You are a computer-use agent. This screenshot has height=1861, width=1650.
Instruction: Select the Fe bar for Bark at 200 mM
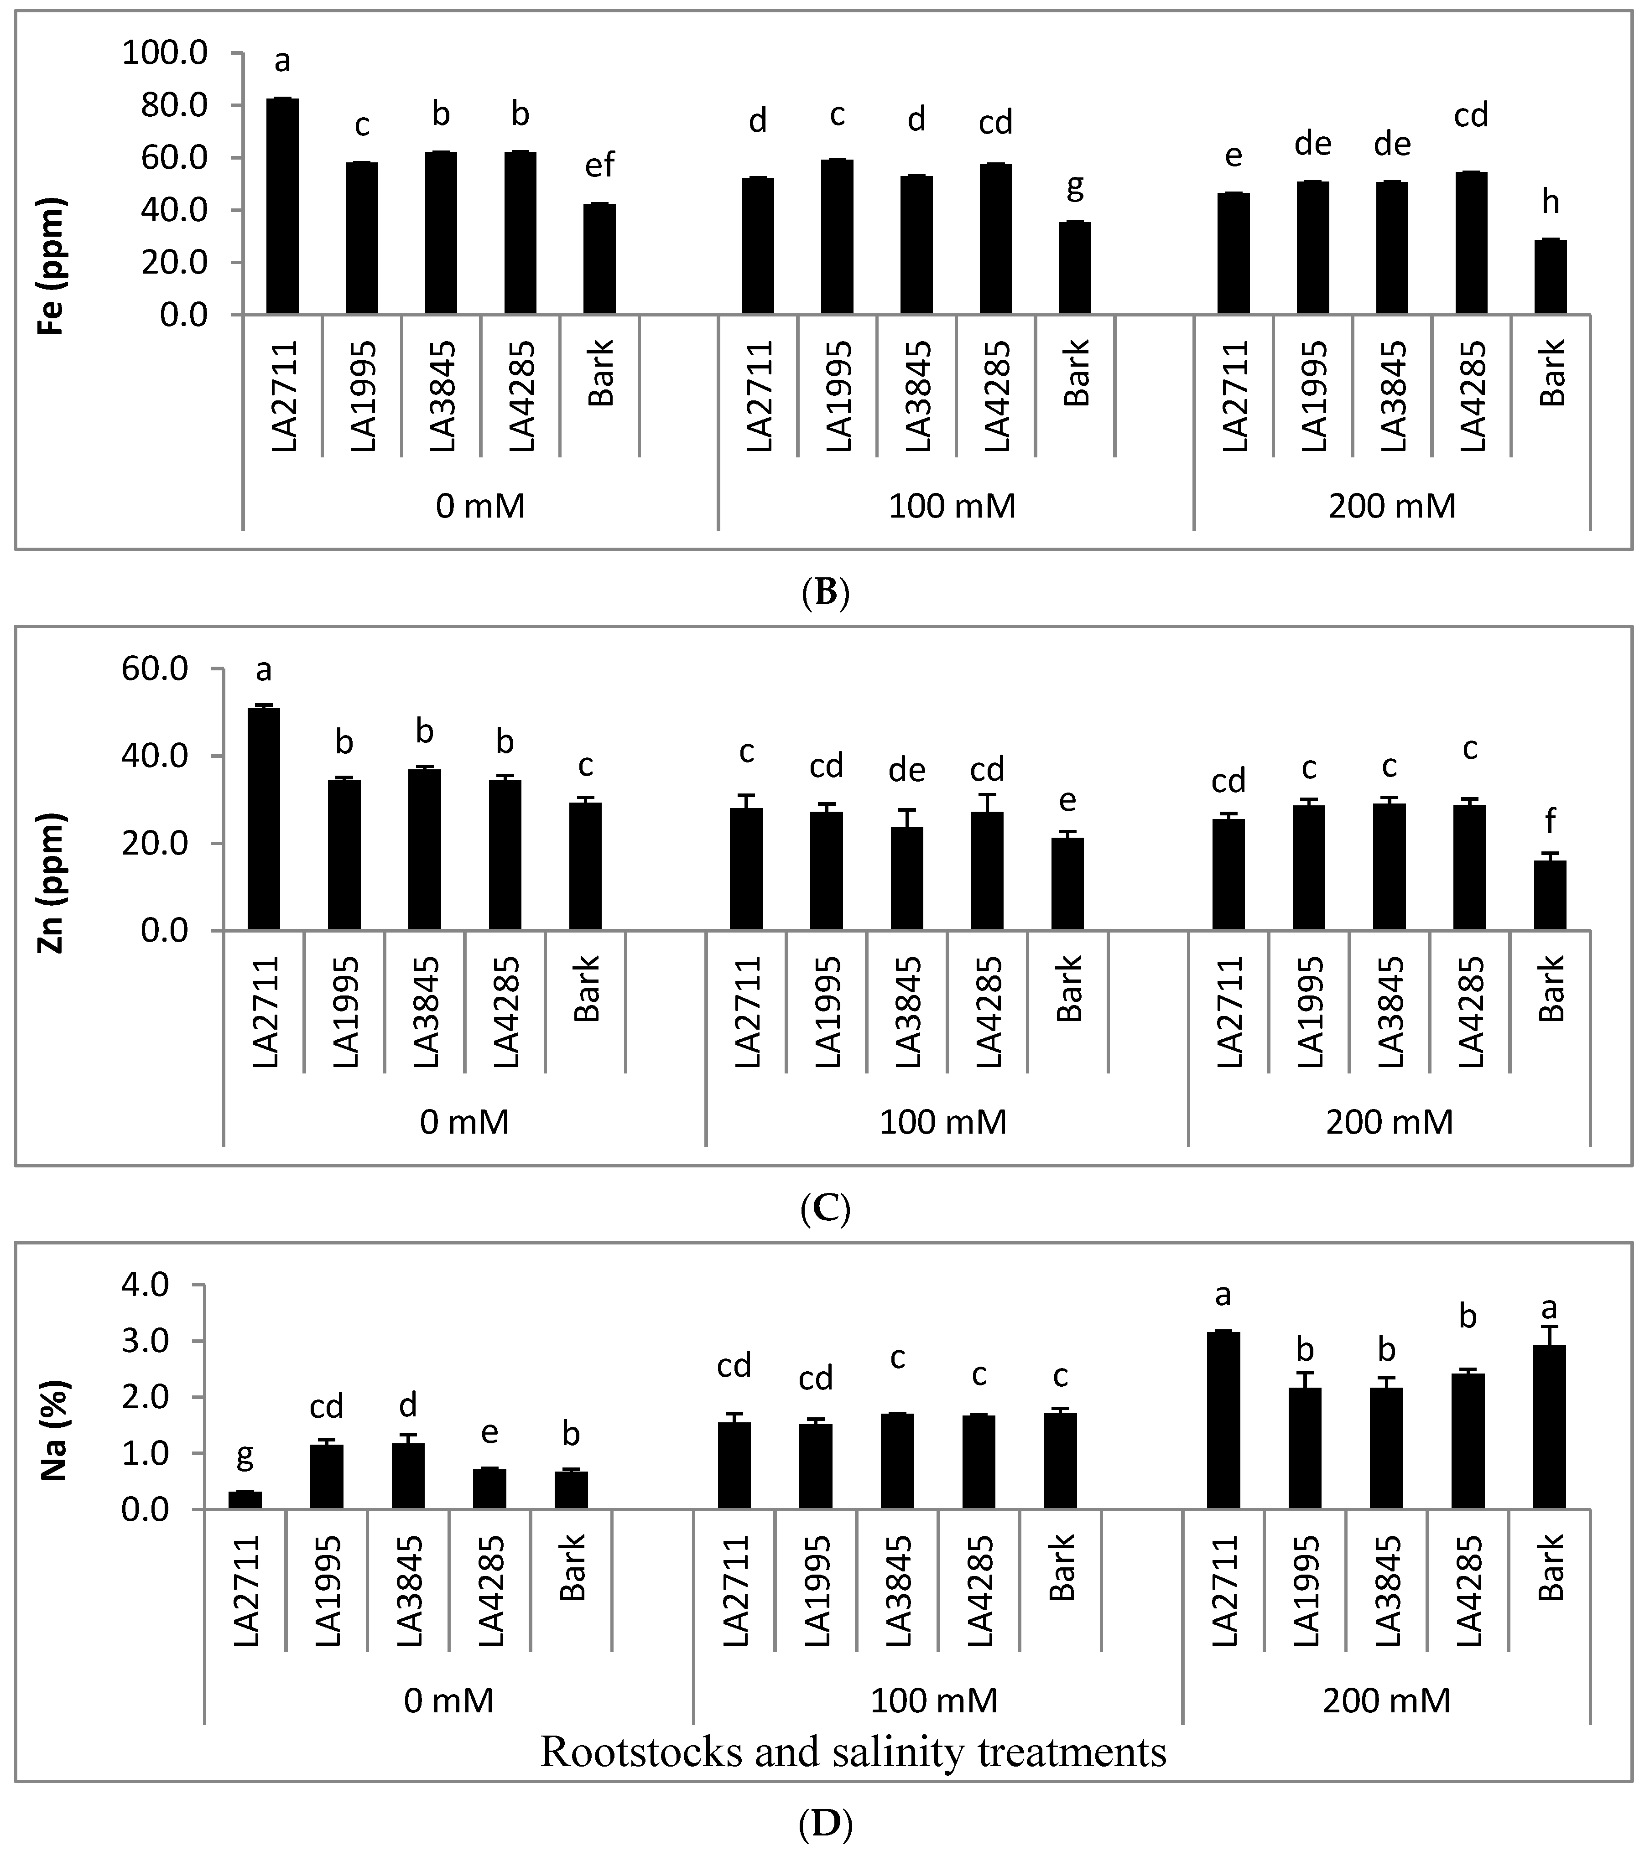coord(1550,278)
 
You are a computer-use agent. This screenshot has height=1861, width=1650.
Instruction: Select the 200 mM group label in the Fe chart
coord(1391,505)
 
